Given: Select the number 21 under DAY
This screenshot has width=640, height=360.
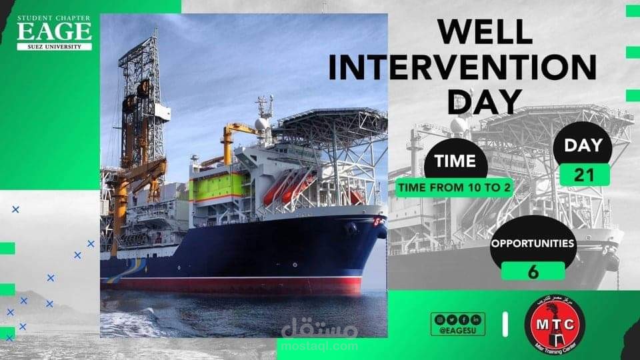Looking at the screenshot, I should coord(584,175).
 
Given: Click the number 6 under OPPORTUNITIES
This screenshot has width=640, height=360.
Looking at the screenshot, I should coord(533,270).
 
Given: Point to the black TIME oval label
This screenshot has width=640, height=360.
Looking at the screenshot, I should coord(455,161).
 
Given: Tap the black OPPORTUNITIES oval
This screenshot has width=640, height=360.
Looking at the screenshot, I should coord(533,243).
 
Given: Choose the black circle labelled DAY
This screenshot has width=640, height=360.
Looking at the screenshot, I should coord(584,145).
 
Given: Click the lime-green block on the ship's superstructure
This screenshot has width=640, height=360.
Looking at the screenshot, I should coord(215,189).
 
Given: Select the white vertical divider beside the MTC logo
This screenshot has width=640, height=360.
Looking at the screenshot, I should coord(505,324).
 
